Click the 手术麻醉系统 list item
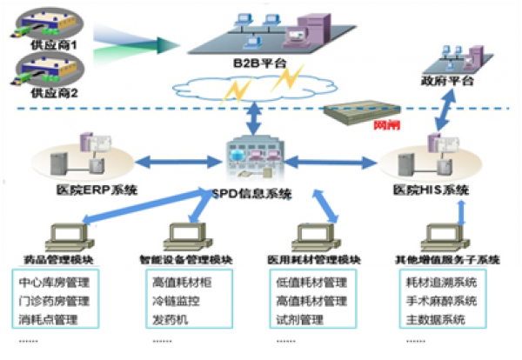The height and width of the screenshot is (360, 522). [x=441, y=301]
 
